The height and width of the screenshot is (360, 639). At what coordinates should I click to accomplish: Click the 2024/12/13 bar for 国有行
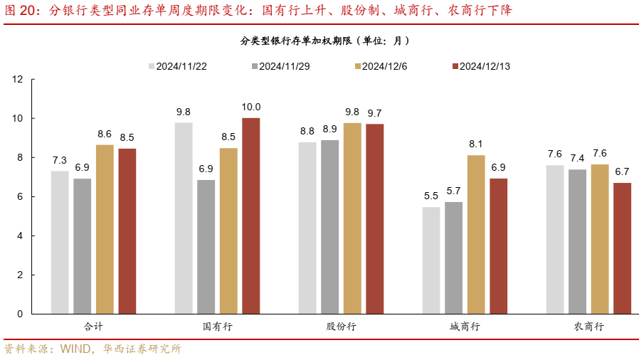251,216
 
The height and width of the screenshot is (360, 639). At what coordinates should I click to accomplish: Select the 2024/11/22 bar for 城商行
431,260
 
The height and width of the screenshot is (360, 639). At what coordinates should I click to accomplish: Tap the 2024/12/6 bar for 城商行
476,234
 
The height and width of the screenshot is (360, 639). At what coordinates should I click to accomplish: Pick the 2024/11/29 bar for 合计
83,246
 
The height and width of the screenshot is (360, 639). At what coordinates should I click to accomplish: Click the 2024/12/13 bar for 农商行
622,248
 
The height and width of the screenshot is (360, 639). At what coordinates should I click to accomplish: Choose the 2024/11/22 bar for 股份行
307,228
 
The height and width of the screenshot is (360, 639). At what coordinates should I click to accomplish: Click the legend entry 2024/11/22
177,66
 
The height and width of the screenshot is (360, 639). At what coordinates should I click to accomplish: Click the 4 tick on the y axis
21,235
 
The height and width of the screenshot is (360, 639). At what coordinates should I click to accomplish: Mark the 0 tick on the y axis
21,314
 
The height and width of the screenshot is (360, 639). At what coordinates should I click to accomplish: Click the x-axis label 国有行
218,327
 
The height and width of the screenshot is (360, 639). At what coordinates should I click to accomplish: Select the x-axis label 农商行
588,327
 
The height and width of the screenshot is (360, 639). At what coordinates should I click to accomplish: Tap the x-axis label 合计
93,327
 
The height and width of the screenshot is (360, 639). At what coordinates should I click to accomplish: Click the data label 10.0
251,107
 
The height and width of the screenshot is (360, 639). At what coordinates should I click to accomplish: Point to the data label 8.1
476,144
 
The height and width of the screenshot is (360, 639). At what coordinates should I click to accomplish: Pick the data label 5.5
431,196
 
